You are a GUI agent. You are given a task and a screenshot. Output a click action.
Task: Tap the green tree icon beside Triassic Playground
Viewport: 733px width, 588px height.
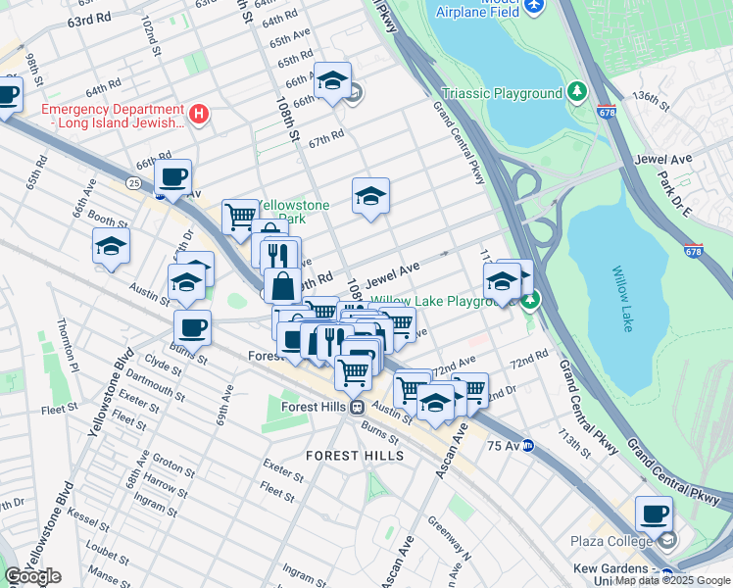[x=577, y=92]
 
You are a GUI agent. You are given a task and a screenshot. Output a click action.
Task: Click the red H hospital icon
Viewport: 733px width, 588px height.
[x=199, y=115]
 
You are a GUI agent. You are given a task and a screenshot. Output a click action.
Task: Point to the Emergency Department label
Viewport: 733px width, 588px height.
[x=113, y=115]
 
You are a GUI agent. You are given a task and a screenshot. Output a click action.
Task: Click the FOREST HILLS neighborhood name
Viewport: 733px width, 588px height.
[x=354, y=456]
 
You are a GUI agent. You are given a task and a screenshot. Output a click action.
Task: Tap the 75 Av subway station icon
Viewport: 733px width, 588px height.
[x=528, y=445]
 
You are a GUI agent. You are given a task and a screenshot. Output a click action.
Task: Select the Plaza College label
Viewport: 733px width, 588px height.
[x=611, y=541]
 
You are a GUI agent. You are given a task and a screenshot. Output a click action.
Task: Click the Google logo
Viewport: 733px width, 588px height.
[x=31, y=576]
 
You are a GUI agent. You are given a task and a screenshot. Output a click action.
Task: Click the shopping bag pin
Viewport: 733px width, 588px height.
[x=282, y=286]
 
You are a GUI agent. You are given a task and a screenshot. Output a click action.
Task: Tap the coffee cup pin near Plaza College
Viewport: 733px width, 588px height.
[x=654, y=514]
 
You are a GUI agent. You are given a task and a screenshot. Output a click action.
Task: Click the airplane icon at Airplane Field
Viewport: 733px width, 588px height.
[x=534, y=7]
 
